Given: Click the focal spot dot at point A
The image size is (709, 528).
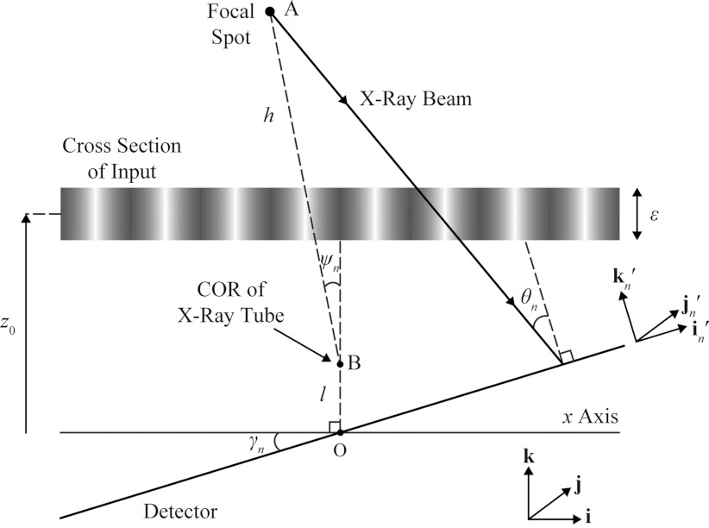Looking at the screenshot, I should (269, 12).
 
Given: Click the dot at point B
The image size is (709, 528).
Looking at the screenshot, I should (340, 364).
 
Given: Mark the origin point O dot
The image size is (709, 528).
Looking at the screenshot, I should (340, 431).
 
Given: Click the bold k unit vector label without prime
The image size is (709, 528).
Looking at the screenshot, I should (529, 456).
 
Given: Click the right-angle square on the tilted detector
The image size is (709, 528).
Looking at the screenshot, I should (565, 357).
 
